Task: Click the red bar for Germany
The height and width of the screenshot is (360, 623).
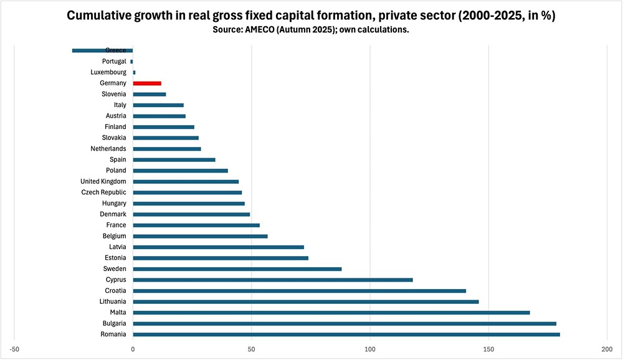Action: point(147,83)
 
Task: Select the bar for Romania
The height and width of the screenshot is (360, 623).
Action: point(346,334)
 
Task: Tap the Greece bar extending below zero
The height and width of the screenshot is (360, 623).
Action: point(103,50)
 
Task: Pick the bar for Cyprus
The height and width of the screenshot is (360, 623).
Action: point(273,280)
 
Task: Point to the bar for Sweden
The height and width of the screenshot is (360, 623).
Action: point(237,269)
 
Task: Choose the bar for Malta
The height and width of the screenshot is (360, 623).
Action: point(331,313)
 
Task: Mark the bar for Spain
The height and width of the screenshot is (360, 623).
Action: point(174,159)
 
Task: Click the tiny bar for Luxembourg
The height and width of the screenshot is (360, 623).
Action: point(135,72)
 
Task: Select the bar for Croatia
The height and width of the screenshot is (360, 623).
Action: point(300,291)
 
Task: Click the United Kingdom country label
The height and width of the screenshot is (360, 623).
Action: point(103,181)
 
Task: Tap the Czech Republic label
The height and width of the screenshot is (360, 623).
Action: point(103,192)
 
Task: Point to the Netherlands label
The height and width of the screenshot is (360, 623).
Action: point(108,149)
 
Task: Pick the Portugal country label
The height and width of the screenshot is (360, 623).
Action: point(114,61)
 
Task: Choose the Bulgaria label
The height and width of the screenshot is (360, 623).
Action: point(115,323)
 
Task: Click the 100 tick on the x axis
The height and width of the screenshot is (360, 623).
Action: point(370,349)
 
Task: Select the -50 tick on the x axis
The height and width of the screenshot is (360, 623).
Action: point(14,349)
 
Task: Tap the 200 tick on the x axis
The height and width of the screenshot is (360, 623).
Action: point(607,349)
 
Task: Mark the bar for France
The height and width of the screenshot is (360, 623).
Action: point(196,225)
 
